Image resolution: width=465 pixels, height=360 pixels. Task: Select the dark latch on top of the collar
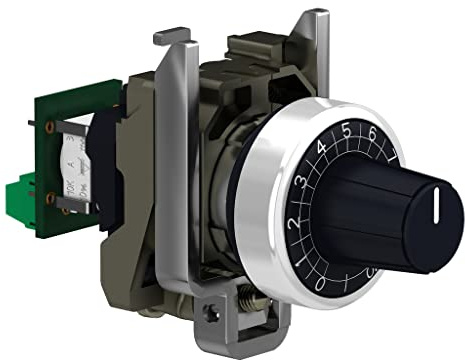[x=250, y=45]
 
